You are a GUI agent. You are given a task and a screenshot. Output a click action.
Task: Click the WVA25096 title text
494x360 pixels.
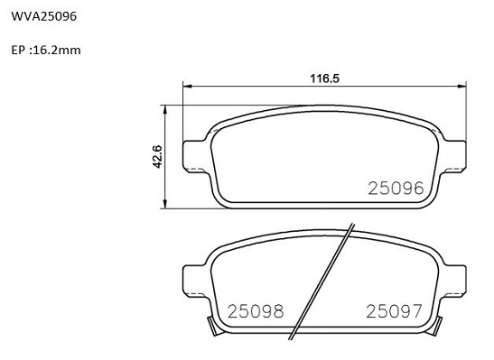pyautogui.click(x=43, y=16)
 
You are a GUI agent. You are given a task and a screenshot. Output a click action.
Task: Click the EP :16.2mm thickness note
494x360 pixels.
pyautogui.click(x=46, y=50)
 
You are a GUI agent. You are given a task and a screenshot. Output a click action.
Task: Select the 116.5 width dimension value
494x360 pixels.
pyautogui.click(x=325, y=78)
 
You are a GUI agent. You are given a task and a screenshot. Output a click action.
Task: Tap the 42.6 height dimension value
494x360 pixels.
pyautogui.click(x=157, y=156)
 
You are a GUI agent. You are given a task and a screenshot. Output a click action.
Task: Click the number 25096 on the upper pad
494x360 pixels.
pyautogui.click(x=396, y=189)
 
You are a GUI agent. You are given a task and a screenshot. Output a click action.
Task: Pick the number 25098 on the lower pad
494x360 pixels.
pyautogui.click(x=256, y=311)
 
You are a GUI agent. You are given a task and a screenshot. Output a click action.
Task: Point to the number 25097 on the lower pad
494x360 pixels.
pyautogui.click(x=394, y=311)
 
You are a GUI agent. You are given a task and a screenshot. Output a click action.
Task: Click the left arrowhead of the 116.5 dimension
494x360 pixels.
pyautogui.click(x=188, y=86)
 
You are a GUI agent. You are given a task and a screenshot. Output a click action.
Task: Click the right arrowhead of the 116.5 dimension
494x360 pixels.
pyautogui.click(x=461, y=86)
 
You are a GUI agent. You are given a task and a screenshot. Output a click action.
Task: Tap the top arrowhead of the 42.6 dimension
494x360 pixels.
pyautogui.click(x=164, y=110)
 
